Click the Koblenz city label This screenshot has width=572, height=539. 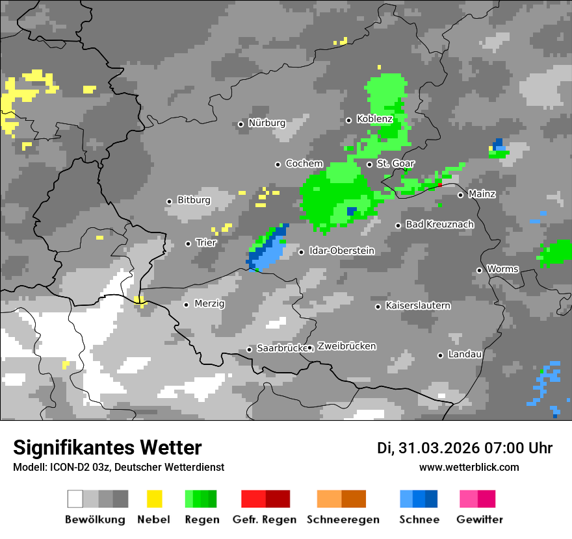pos(374,119)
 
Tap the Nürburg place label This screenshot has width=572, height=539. pos(266,123)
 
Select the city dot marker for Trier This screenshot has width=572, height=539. pos(188,244)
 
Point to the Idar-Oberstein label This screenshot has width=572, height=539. pos(341,251)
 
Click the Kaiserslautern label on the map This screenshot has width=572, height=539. pos(417,305)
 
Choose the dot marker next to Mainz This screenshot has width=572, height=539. pos(460,194)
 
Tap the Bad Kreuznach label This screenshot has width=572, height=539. pos(439,225)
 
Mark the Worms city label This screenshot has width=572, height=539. pos(502,269)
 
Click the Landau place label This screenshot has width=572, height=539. pos(465,355)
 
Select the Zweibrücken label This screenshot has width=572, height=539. pos(346,346)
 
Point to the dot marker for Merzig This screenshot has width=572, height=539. pos(186,304)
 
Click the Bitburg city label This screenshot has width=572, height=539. pos(194,200)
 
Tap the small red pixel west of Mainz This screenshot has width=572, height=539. pos(440,184)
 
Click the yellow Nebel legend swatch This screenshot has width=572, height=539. pos(154,499)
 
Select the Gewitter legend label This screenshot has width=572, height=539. pos(479,520)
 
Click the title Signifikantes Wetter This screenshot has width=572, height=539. pos(107,448)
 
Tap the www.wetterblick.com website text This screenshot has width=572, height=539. pos(469,467)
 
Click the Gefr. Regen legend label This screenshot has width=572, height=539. pos(265,520)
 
